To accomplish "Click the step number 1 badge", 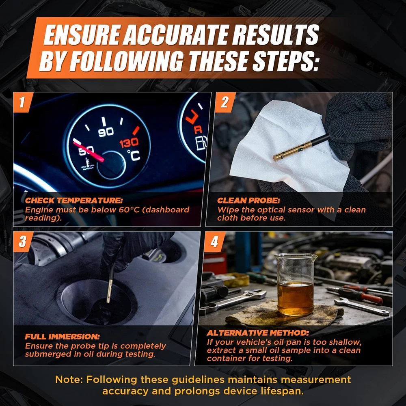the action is tap(23, 102).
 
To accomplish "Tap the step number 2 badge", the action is tap(225, 102).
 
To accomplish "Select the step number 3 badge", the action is tap(23, 241).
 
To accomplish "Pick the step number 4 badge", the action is tap(214, 241).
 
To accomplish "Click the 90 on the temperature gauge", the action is tap(106, 132).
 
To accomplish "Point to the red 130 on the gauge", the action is tap(129, 143).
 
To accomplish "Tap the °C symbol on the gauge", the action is tap(134, 155).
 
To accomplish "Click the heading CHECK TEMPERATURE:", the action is tap(74, 201).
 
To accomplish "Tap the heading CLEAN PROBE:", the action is tap(248, 201).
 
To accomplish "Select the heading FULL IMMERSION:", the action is tap(63, 336).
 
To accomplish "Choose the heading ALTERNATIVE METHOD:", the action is tap(258, 333).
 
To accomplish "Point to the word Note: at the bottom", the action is tap(69, 380).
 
